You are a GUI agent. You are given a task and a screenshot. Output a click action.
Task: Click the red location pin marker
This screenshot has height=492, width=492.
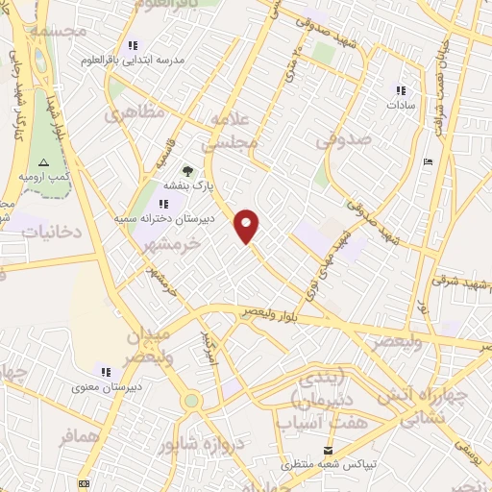(248, 225)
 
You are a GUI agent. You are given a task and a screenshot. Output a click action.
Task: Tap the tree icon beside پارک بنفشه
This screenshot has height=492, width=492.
(200, 170)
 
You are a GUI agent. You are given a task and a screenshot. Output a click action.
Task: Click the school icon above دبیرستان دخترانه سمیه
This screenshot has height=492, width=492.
(165, 204)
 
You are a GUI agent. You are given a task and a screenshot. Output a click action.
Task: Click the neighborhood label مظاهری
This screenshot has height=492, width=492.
(129, 115)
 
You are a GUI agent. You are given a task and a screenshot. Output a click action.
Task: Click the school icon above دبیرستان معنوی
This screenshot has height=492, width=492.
(106, 371)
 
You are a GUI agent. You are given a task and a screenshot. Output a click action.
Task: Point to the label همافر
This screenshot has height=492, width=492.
(80, 437)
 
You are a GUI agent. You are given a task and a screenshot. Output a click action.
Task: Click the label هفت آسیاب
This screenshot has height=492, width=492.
(309, 421)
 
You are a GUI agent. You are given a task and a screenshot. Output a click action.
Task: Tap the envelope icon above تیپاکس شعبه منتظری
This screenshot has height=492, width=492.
(330, 450)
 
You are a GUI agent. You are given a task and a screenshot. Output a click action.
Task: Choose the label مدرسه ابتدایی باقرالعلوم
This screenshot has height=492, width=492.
(178, 59)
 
